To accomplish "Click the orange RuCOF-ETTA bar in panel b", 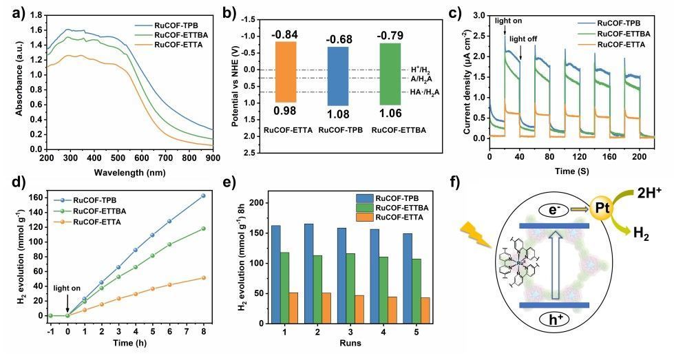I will [x=286, y=71].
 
